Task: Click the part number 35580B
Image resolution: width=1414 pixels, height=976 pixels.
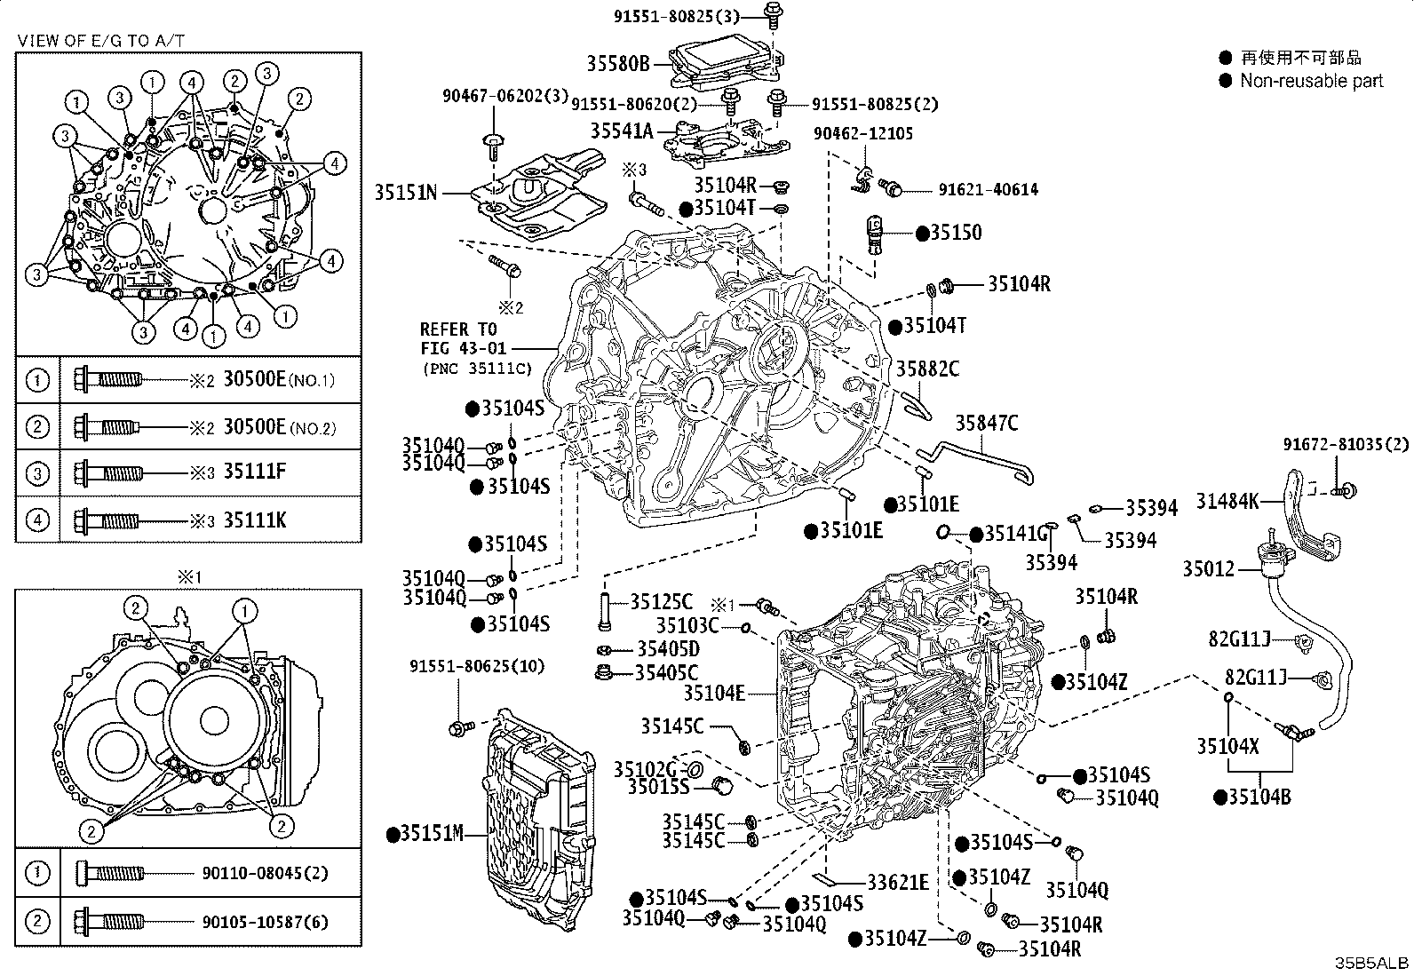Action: pyautogui.click(x=618, y=64)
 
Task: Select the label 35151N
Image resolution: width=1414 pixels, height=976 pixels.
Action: pyautogui.click(x=406, y=192)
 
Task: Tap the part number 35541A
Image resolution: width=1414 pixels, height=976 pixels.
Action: pyautogui.click(x=621, y=131)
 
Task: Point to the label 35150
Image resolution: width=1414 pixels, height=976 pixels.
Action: pyautogui.click(x=957, y=233)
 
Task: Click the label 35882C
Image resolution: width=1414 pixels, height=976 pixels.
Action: pyautogui.click(x=928, y=369)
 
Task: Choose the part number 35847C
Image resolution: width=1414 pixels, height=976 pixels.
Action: pyautogui.click(x=987, y=423)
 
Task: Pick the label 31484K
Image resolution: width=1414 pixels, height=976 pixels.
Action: pyautogui.click(x=1227, y=501)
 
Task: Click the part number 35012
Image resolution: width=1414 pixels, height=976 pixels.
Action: pyautogui.click(x=1208, y=568)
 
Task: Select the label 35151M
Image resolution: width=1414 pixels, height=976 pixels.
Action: pyautogui.click(x=433, y=833)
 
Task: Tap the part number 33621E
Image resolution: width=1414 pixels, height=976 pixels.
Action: pyautogui.click(x=898, y=883)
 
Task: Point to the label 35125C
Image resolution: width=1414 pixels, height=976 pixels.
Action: pyautogui.click(x=662, y=601)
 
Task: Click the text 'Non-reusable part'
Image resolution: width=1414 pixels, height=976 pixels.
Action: pyautogui.click(x=1311, y=81)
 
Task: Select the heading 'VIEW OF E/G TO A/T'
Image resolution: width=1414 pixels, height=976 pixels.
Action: pyautogui.click(x=101, y=41)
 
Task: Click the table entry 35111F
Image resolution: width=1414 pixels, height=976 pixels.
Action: pyautogui.click(x=255, y=472)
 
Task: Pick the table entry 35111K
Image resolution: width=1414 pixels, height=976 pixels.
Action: pyautogui.click(x=255, y=520)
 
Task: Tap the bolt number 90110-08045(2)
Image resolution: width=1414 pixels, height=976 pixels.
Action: pyautogui.click(x=266, y=873)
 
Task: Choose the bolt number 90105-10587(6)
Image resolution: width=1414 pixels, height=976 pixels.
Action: pyautogui.click(x=266, y=923)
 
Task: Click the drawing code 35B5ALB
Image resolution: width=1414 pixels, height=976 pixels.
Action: pyautogui.click(x=1370, y=963)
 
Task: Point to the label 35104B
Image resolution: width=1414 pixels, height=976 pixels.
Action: pyautogui.click(x=1260, y=797)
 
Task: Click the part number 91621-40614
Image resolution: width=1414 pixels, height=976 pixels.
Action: pyautogui.click(x=989, y=189)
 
